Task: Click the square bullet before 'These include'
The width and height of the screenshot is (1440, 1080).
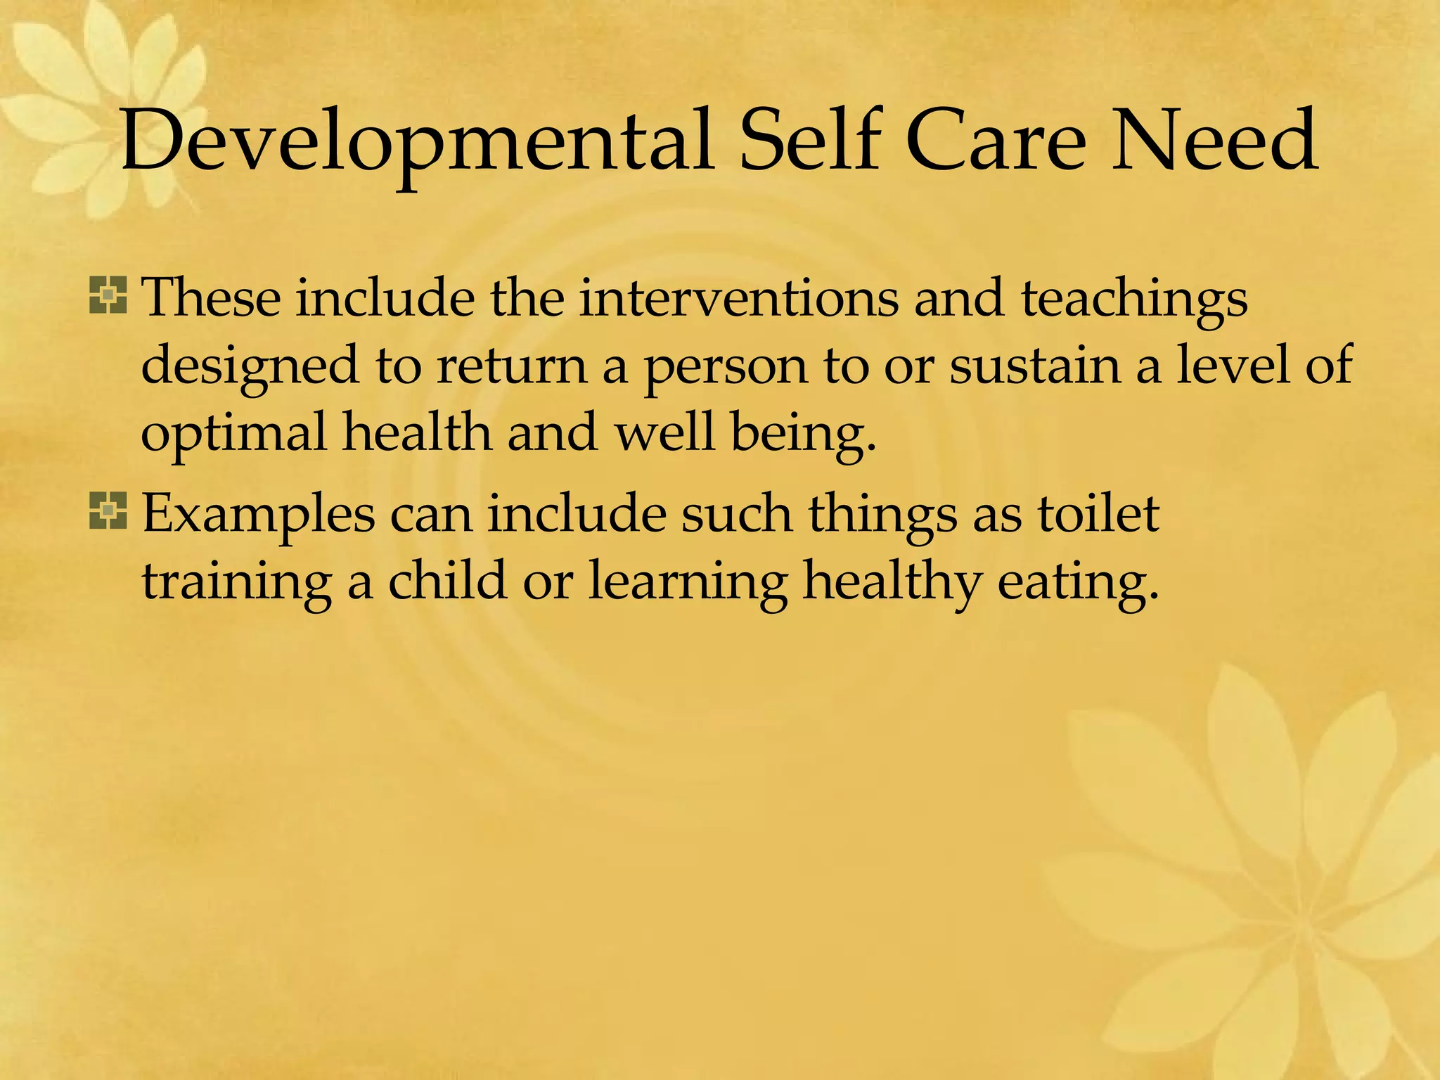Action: click(x=108, y=295)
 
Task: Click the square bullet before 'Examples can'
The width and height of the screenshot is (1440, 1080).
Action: click(x=108, y=511)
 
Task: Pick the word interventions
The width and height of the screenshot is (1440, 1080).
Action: click(x=738, y=298)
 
